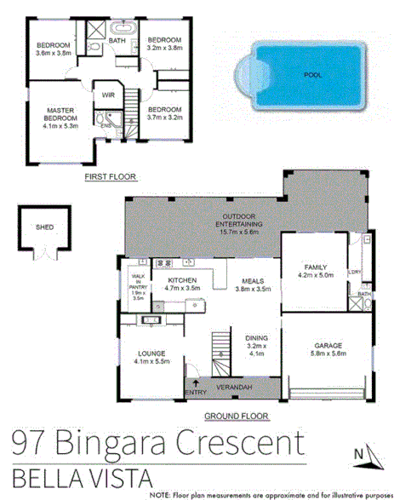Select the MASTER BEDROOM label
pos(58,117)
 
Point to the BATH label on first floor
pos(117,39)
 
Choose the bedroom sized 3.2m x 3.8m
pos(164,44)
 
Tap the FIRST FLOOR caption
pos(111,177)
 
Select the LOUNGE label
pos(151,353)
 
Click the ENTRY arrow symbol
pos(197,385)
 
